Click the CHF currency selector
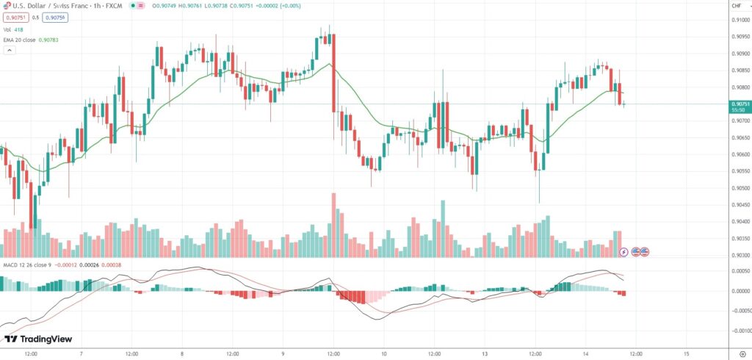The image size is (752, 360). [737, 6]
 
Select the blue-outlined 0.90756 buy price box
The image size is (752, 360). [55, 17]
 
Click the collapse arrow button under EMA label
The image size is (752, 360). [9, 50]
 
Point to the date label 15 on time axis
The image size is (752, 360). [686, 353]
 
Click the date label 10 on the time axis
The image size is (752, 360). [384, 353]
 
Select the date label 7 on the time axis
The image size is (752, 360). [82, 353]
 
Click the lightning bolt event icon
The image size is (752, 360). [624, 252]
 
